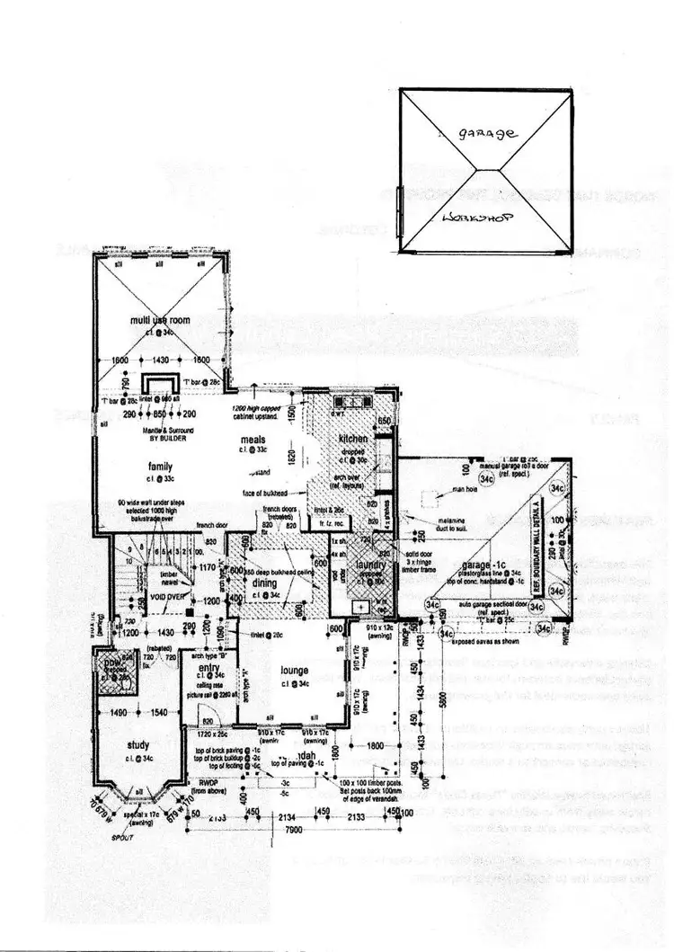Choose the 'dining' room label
coord(264,583)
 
